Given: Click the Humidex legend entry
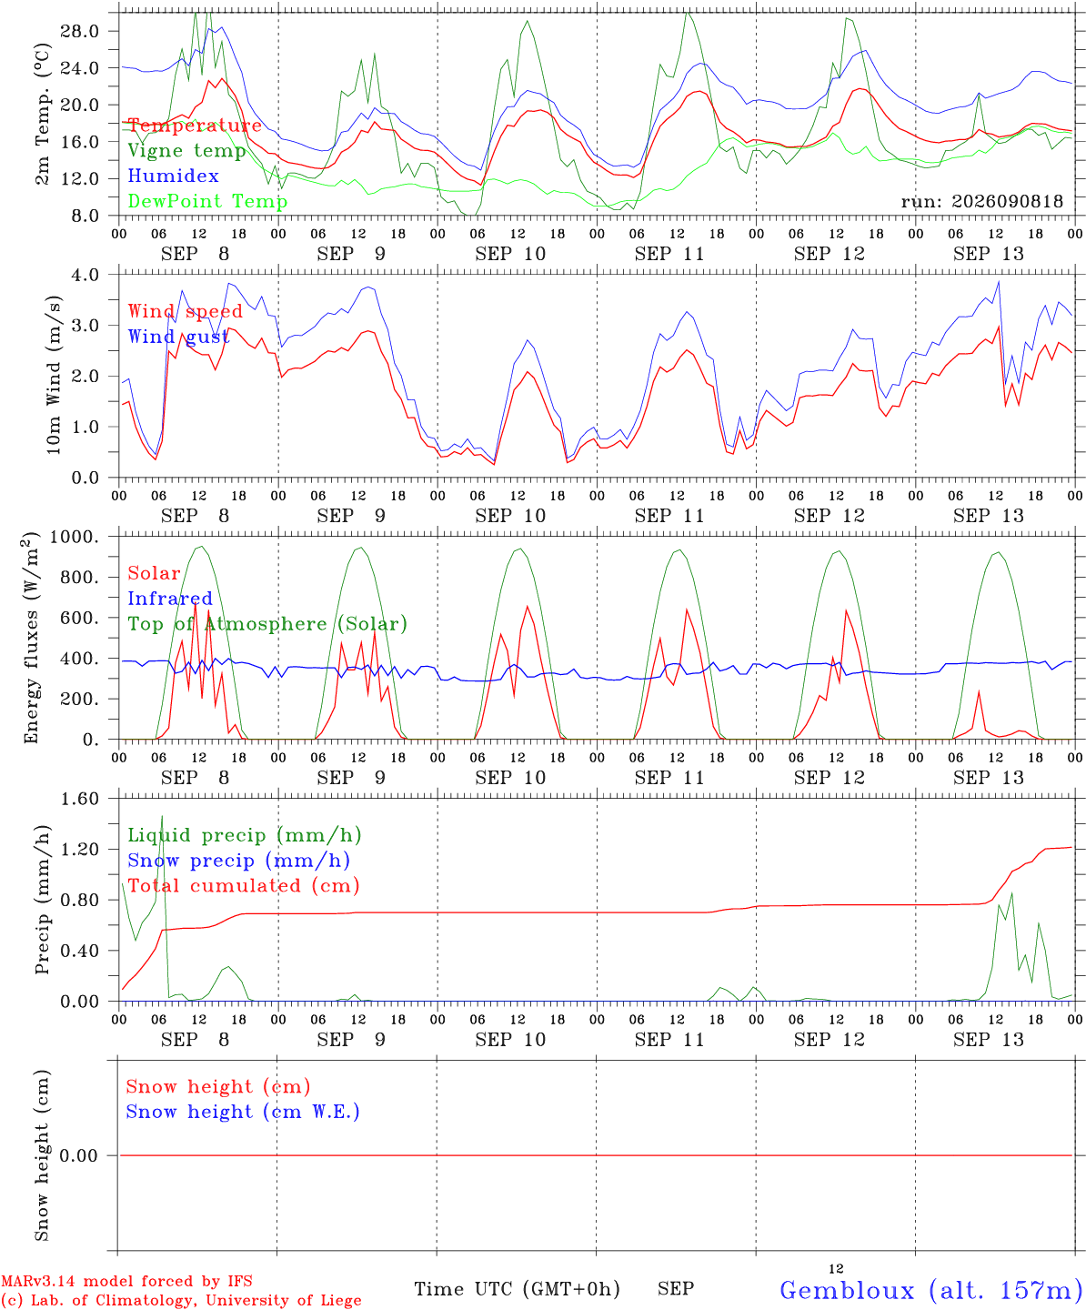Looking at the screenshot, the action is pyautogui.click(x=173, y=176).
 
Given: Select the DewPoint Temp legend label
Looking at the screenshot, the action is pyautogui.click(x=207, y=201).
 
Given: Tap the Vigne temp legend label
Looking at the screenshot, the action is pyautogui.click(x=187, y=151).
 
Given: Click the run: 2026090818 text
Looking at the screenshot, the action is pyautogui.click(x=981, y=201).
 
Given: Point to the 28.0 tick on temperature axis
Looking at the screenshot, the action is pyautogui.click(x=80, y=31).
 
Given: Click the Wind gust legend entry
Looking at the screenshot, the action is pyautogui.click(x=179, y=337).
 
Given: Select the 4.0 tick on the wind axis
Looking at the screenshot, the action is pyautogui.click(x=85, y=275).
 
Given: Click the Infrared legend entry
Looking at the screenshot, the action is pyautogui.click(x=170, y=599).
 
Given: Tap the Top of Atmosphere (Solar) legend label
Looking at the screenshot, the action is pyautogui.click(x=268, y=624).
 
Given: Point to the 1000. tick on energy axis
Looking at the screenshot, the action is pyautogui.click(x=75, y=537).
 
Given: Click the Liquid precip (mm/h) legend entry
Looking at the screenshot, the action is pyautogui.click(x=245, y=836).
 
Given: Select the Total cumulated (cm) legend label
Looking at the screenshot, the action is pyautogui.click(x=244, y=886).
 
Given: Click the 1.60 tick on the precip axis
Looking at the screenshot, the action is pyautogui.click(x=80, y=799).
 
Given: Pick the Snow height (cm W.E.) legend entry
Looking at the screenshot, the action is pyautogui.click(x=243, y=1112).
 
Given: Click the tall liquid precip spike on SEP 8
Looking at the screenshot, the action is pyautogui.click(x=162, y=817).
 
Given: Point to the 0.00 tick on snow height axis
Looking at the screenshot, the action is pyautogui.click(x=78, y=1155).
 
